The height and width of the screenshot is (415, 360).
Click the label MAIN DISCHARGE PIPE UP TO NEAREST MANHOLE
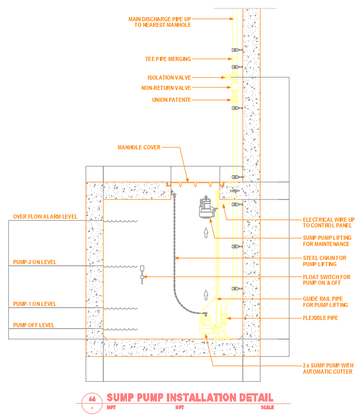coord(159,22)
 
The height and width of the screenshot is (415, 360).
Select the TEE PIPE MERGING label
coord(168,59)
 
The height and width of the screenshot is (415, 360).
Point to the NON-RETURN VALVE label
coord(166,88)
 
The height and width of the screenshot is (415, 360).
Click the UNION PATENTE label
coord(171,100)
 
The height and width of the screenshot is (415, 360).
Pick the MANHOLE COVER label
coord(139,147)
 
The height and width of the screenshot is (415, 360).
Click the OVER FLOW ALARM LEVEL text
coord(45,217)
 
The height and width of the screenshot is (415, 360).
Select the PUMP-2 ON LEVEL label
coord(35,263)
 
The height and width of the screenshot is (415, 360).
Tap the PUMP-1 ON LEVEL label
coord(35,304)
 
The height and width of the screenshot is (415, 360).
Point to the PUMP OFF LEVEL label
coord(34,326)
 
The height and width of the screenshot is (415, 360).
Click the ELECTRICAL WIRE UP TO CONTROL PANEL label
coord(328,223)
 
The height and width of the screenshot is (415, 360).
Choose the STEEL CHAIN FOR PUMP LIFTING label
coord(324,261)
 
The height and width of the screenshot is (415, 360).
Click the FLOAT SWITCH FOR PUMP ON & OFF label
coord(326,280)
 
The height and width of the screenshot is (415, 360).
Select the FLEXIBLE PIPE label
coord(320,318)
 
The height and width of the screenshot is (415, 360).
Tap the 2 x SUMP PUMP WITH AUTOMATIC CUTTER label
coord(327,368)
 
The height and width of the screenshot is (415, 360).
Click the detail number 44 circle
coord(92,400)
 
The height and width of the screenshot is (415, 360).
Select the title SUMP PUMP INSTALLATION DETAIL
coord(190,398)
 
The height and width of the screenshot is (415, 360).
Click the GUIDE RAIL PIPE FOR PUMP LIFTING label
coord(325,302)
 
